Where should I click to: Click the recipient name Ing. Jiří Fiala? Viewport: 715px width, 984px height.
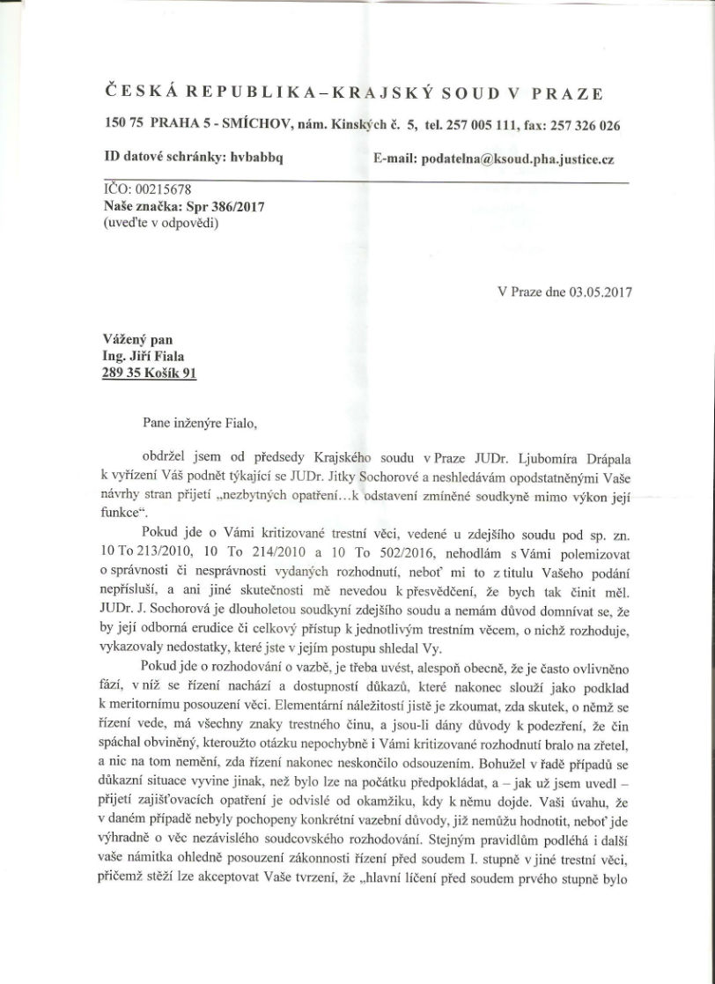click(x=147, y=358)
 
